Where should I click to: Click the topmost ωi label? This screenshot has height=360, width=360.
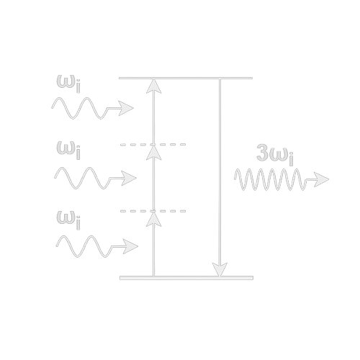(68, 84)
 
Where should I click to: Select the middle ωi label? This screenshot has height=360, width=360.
(68, 150)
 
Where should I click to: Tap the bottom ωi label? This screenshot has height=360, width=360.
(68, 220)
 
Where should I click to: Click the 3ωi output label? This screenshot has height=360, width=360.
(275, 155)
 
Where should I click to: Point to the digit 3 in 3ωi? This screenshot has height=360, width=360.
(262, 153)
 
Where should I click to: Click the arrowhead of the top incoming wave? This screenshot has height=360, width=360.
(126, 108)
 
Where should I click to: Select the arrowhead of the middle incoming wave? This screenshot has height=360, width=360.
(129, 178)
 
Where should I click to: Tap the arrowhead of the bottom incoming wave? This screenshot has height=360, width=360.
(130, 246)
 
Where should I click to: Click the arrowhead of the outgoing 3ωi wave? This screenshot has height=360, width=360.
(321, 179)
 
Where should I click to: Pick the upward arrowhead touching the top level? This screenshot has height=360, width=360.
(154, 86)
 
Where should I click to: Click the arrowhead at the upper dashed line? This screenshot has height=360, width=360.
(154, 153)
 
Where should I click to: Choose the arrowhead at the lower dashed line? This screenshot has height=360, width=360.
(154, 219)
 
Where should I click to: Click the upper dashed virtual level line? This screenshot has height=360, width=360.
(153, 145)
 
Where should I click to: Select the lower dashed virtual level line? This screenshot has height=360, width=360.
(153, 211)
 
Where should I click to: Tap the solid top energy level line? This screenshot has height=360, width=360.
(186, 78)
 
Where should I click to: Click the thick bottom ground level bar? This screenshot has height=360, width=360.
(186, 278)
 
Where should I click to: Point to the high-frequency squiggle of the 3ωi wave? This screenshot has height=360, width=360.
(269, 179)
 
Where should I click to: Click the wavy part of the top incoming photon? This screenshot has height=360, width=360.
(79, 108)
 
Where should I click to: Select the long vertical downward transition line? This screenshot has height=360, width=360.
(220, 178)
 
